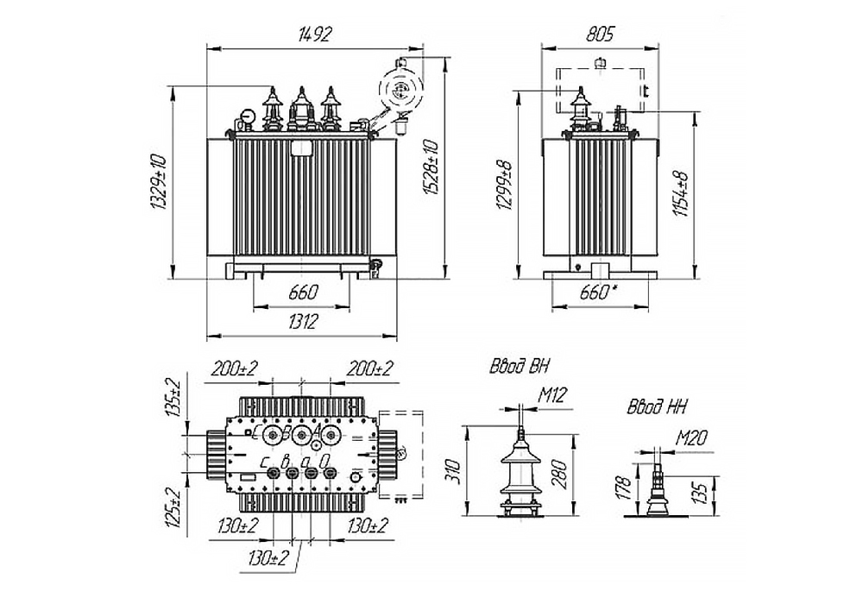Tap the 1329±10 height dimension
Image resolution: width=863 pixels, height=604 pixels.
pos(158,183)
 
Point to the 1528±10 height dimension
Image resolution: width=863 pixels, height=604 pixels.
pos(432,170)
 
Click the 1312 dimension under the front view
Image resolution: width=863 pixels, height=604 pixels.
pos(301,321)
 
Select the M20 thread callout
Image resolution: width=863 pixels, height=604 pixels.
pos(693,439)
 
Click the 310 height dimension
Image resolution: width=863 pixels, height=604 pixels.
pos(457,470)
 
